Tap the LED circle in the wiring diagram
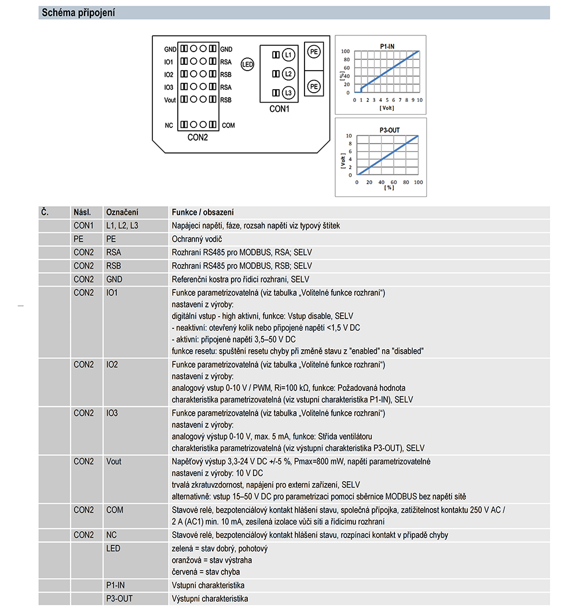[x=247, y=65]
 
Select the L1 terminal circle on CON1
[x=288, y=54]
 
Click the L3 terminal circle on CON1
[x=288, y=93]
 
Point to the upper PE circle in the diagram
[x=314, y=52]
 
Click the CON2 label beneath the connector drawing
[x=197, y=138]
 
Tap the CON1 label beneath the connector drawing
[x=279, y=108]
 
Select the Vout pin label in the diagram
[x=170, y=100]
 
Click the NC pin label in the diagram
[x=168, y=125]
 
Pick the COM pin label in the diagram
[x=228, y=125]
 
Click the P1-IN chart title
[x=387, y=45]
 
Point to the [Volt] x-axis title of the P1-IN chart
[x=387, y=108]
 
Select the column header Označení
[x=122, y=213]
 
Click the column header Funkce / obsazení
[x=203, y=213]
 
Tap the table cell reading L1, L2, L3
[x=122, y=225]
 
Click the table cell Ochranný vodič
[x=197, y=239]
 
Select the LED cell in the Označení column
[x=113, y=548]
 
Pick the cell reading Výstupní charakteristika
[x=210, y=599]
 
